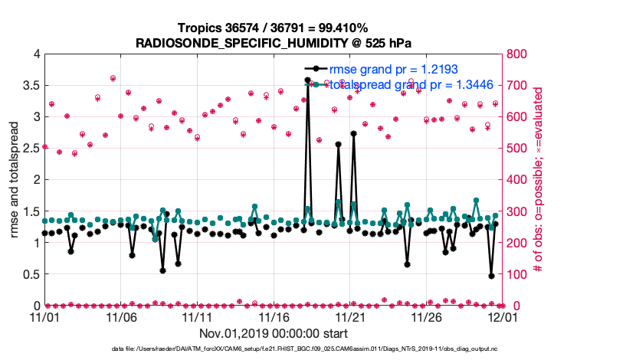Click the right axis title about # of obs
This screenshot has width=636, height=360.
tap(539, 180)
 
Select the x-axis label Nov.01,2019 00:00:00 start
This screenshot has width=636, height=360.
tap(274, 333)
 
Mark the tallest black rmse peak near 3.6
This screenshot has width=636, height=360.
tap(307, 80)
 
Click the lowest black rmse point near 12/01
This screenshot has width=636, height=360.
tap(491, 276)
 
